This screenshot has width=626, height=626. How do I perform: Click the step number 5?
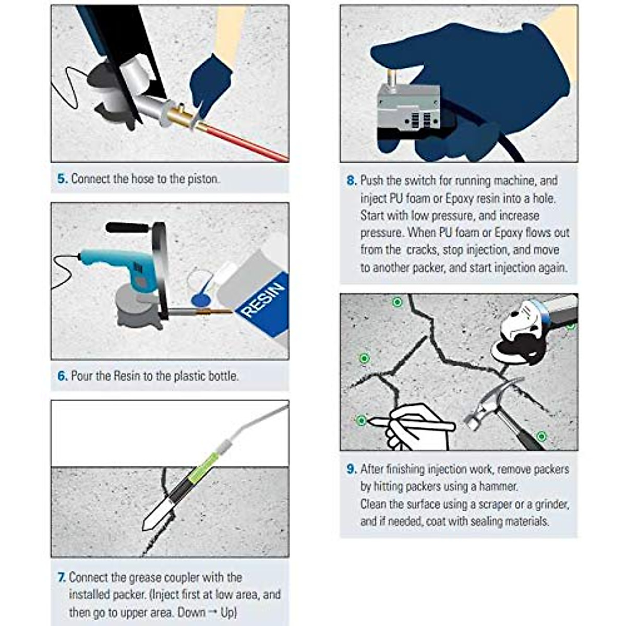point(63,179)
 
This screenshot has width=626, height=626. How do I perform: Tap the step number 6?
point(63,376)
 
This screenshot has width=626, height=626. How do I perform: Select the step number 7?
point(62,577)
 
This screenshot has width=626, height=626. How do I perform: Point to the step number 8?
point(352,180)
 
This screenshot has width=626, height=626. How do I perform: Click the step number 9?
point(352,469)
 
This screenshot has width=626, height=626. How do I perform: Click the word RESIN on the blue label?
point(263,299)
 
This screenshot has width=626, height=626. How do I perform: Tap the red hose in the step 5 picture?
point(244,142)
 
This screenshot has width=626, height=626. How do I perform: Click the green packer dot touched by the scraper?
point(361,420)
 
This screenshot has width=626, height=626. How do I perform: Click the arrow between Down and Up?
point(213,612)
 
